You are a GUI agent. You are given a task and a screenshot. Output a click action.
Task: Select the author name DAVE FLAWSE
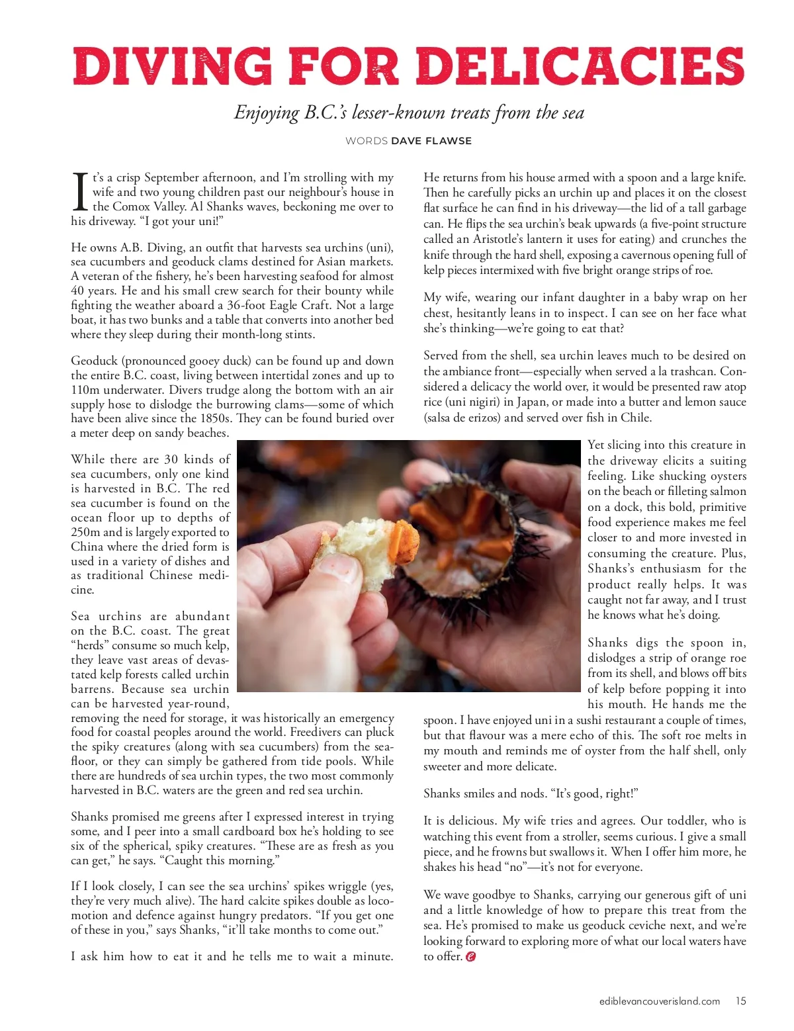tap(431, 141)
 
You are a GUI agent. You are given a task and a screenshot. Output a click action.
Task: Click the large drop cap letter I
tap(79, 192)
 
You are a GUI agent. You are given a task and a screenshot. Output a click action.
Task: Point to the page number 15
tap(740, 1001)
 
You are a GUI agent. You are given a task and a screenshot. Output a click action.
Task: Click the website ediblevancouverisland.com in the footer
tap(659, 1001)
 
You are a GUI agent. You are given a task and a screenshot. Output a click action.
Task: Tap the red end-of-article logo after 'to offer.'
tap(471, 957)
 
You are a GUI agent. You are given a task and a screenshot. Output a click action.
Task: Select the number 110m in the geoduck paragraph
tap(84, 390)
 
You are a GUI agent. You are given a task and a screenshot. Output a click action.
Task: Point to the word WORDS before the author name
tap(367, 141)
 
